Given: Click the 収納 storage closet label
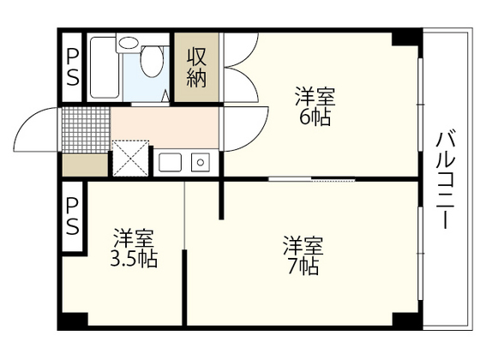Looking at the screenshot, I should (x=196, y=68).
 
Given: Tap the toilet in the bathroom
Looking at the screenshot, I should (x=153, y=61).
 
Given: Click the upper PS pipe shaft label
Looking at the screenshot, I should (x=72, y=67).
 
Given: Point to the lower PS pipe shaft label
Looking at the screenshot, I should (x=72, y=217).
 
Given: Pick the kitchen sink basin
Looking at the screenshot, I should (x=169, y=161).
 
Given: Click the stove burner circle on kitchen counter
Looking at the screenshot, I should (x=201, y=161).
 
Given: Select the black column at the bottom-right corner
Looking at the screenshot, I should (x=406, y=321).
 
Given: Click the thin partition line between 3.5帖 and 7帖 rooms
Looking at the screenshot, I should (x=184, y=257).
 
